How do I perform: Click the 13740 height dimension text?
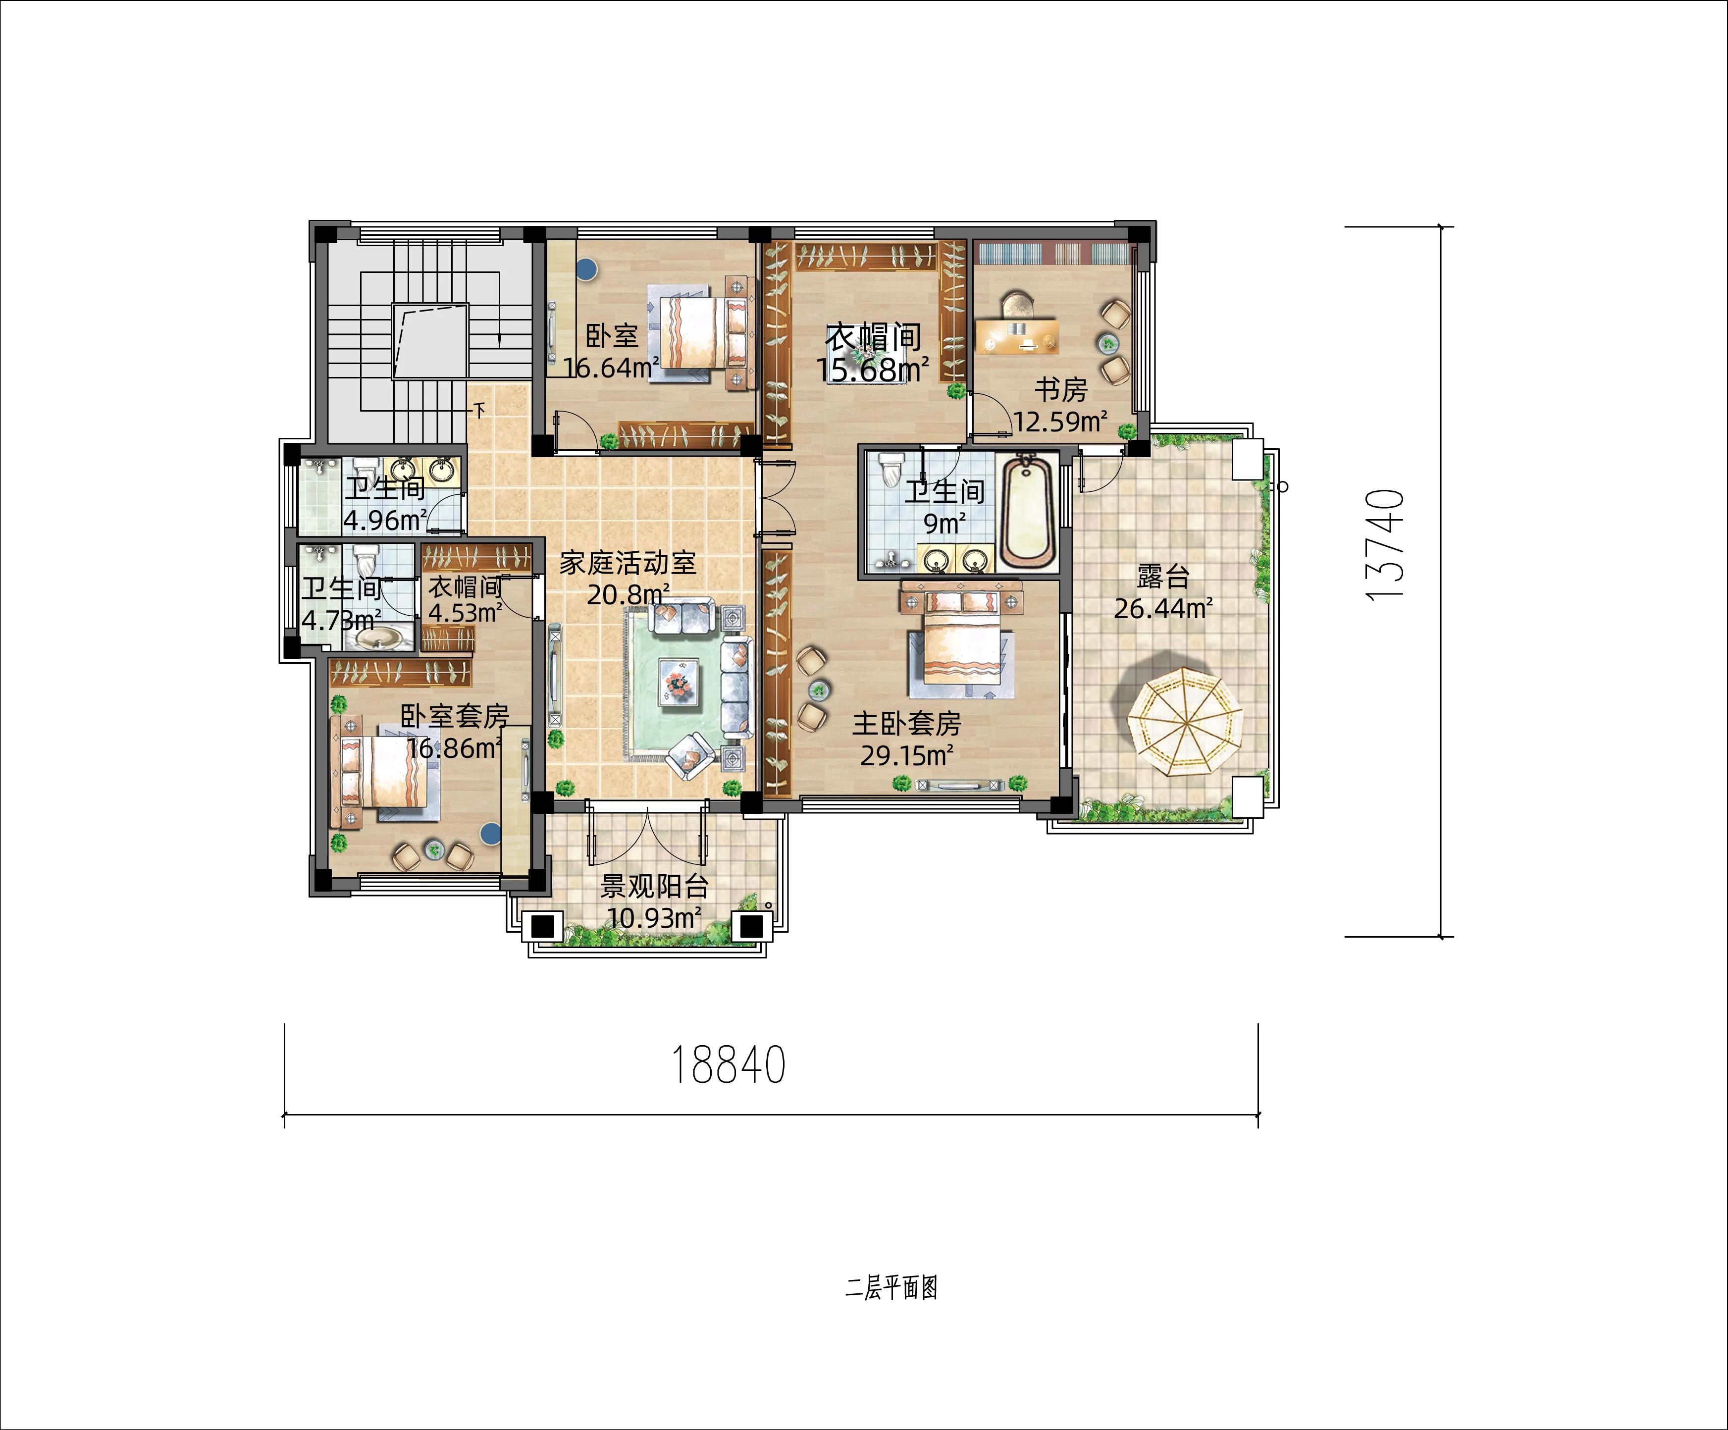click(x=1384, y=545)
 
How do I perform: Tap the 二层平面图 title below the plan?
click(x=891, y=1288)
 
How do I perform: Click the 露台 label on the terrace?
click(x=1163, y=576)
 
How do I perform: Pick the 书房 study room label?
click(x=1061, y=389)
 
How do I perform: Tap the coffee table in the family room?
click(x=678, y=682)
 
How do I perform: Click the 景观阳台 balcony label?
click(x=654, y=886)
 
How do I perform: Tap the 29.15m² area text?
click(x=907, y=754)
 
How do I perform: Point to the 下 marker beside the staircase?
click(x=480, y=409)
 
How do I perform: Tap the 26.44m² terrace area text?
click(x=1163, y=608)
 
